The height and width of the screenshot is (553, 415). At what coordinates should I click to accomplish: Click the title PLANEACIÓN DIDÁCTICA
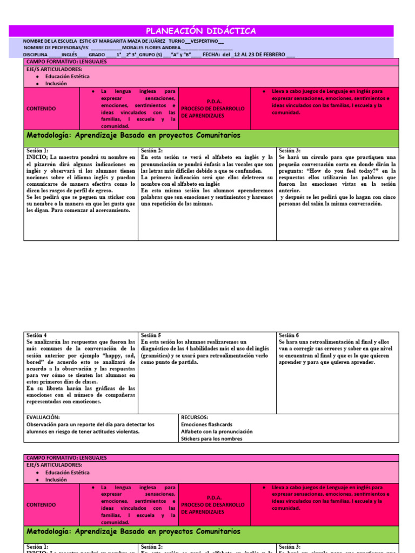pos(201,31)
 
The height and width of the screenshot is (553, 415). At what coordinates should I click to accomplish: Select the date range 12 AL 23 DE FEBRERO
pos(260,55)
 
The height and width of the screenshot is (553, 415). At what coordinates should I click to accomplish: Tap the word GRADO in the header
pos(97,55)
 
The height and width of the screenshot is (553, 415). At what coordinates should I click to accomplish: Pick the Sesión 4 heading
pos(36,335)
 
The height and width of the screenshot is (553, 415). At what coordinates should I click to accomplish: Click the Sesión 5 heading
pos(151,335)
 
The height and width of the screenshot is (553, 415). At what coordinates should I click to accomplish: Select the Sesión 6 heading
pos(289,335)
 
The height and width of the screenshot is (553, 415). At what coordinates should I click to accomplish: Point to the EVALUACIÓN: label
pos(43,417)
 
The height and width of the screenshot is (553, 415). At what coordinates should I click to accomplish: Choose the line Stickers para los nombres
pos(211,439)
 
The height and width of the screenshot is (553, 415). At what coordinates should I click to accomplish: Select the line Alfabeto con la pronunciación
pos(217,431)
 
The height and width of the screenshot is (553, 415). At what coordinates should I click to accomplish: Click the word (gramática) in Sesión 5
pos(156,356)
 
